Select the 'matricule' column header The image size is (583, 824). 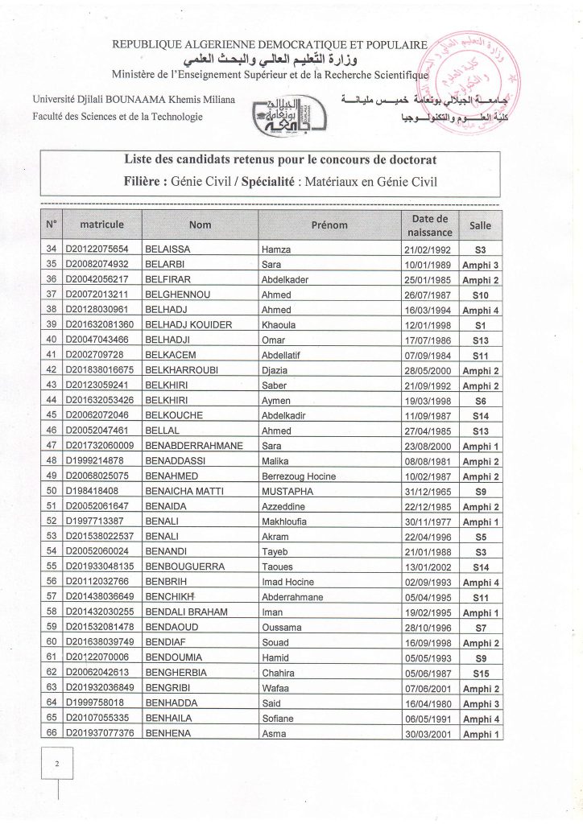tap(101, 225)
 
